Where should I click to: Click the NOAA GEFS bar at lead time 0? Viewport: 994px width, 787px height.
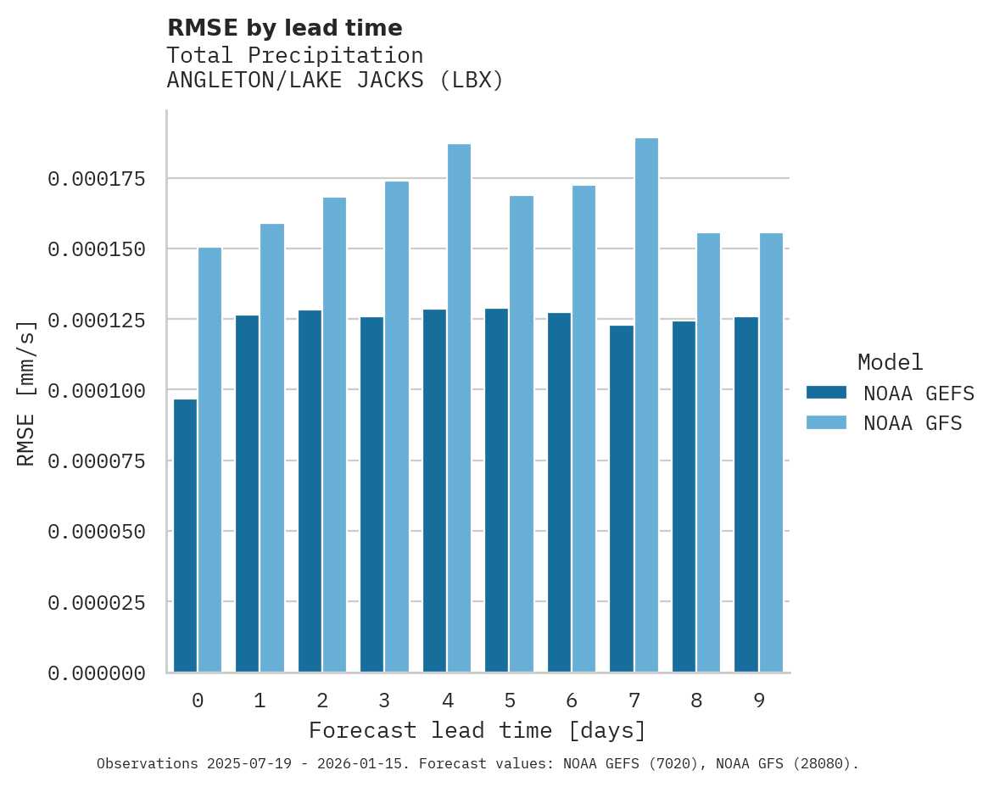tap(185, 535)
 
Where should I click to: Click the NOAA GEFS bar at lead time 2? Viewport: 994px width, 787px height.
tap(310, 491)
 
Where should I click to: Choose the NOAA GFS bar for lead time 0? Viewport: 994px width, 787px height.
tap(209, 460)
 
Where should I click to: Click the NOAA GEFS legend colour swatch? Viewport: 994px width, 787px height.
tap(825, 393)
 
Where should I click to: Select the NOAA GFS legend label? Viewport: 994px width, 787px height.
tap(913, 423)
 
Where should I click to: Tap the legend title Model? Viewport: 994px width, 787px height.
tap(890, 362)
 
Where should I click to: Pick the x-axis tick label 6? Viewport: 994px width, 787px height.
tap(572, 700)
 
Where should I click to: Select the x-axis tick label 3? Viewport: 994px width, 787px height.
tap(384, 700)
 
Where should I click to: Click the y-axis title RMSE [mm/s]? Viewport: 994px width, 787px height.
tap(26, 393)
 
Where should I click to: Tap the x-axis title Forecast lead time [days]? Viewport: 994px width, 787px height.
tap(477, 730)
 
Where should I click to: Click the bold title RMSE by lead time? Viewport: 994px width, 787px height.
tap(284, 28)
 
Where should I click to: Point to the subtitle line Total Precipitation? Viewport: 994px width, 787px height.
tap(294, 56)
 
